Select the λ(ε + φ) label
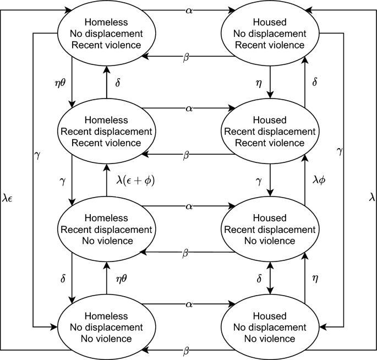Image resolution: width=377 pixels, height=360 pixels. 135,179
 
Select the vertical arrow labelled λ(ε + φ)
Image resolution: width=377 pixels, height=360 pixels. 105,179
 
